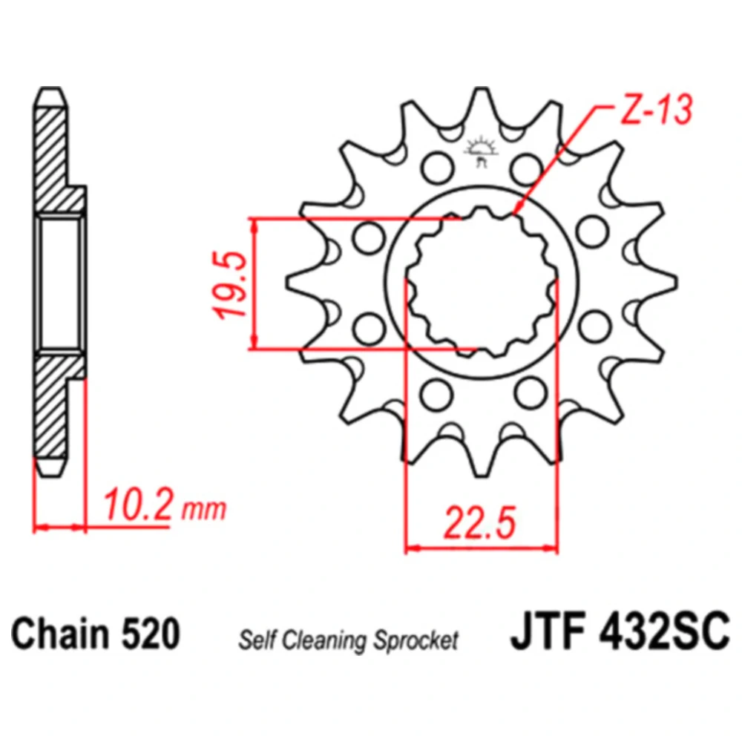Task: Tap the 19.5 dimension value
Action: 231,285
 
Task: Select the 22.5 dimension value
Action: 480,523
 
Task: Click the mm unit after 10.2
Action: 204,509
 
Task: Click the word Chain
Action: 60,633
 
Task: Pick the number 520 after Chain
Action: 150,633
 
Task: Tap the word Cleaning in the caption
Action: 325,641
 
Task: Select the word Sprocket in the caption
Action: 416,641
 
